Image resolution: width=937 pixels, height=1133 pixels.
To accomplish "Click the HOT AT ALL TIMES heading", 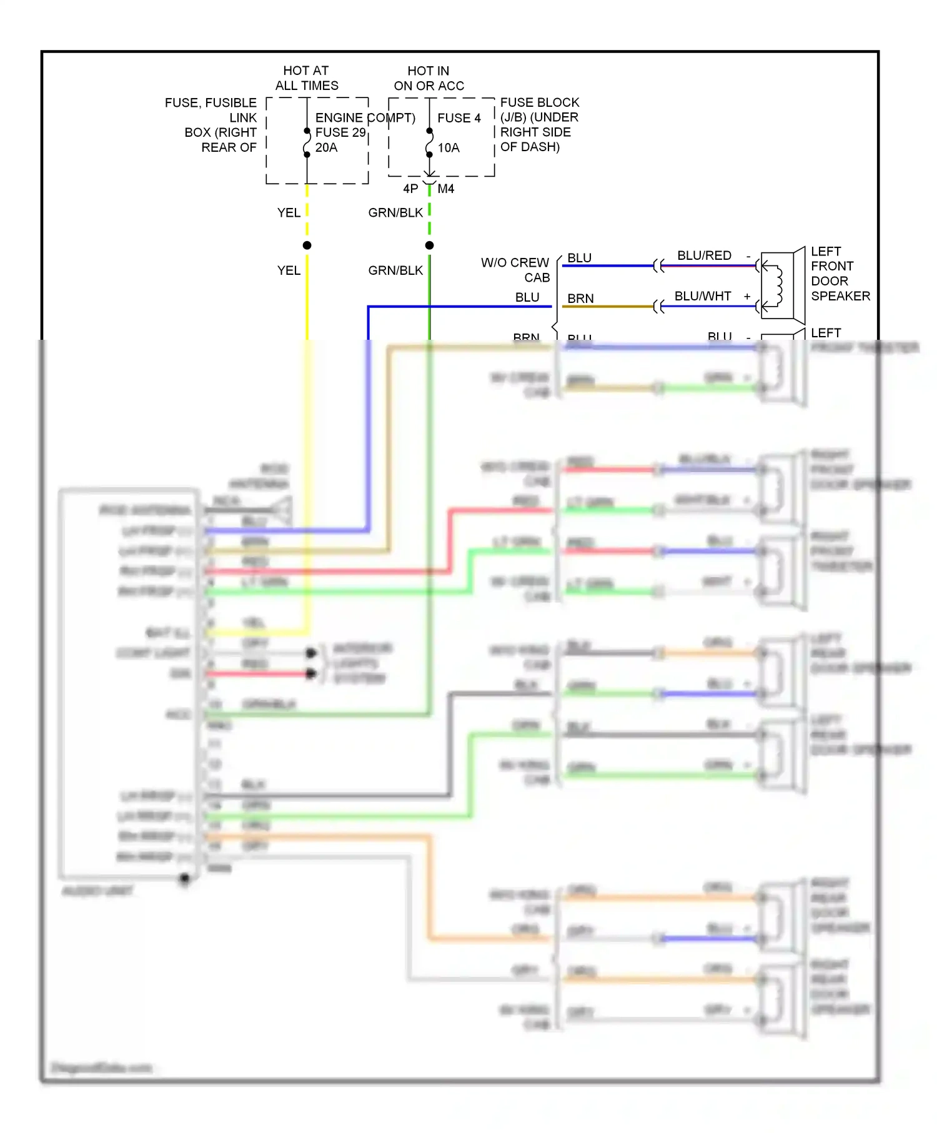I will [x=306, y=78].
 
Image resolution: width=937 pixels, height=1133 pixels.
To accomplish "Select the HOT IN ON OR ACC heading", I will [x=429, y=78].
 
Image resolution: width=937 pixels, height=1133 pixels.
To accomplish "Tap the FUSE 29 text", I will [x=340, y=132].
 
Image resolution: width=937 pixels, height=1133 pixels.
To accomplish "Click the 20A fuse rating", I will [x=326, y=147].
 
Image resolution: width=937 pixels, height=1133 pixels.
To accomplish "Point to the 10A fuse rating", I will [x=449, y=148].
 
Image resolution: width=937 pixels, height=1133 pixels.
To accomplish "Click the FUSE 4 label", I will [x=459, y=118].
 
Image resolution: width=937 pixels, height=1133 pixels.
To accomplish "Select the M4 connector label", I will [x=446, y=189].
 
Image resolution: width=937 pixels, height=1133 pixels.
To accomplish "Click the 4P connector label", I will [x=410, y=189].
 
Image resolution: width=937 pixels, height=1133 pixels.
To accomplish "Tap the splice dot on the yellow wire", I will [x=307, y=245].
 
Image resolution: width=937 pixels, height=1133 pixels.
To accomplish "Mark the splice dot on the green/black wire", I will [x=429, y=245].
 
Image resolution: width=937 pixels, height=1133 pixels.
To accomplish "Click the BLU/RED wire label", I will [x=704, y=255].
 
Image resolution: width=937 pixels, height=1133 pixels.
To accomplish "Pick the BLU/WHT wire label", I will [x=703, y=296].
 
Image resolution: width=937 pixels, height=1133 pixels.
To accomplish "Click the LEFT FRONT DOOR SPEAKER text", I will [x=840, y=274].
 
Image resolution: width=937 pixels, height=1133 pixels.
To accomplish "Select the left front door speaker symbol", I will [x=781, y=285].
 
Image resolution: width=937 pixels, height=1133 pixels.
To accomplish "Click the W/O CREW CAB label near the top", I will [x=515, y=270].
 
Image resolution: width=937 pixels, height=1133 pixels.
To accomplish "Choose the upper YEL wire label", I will [x=289, y=213].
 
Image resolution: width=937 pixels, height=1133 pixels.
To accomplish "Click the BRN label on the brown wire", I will [x=580, y=299].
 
